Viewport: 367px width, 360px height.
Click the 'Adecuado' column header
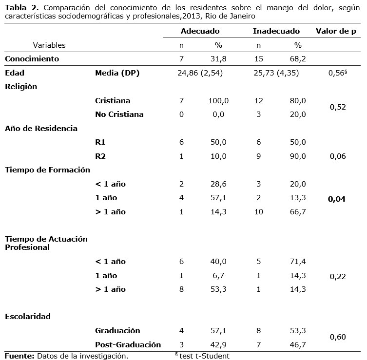200,31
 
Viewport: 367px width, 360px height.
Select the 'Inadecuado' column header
276,31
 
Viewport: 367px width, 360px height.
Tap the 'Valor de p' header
336,31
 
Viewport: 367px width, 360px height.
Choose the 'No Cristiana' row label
119,114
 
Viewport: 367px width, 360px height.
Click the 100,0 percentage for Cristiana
218,101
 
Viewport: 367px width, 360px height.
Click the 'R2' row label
101,156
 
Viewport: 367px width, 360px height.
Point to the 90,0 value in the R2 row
297,156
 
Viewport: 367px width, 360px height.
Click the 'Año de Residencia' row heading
41,129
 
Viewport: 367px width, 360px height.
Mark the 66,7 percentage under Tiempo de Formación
297,212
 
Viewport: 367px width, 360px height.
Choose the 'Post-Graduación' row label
128,344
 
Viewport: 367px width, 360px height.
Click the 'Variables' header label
49,45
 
